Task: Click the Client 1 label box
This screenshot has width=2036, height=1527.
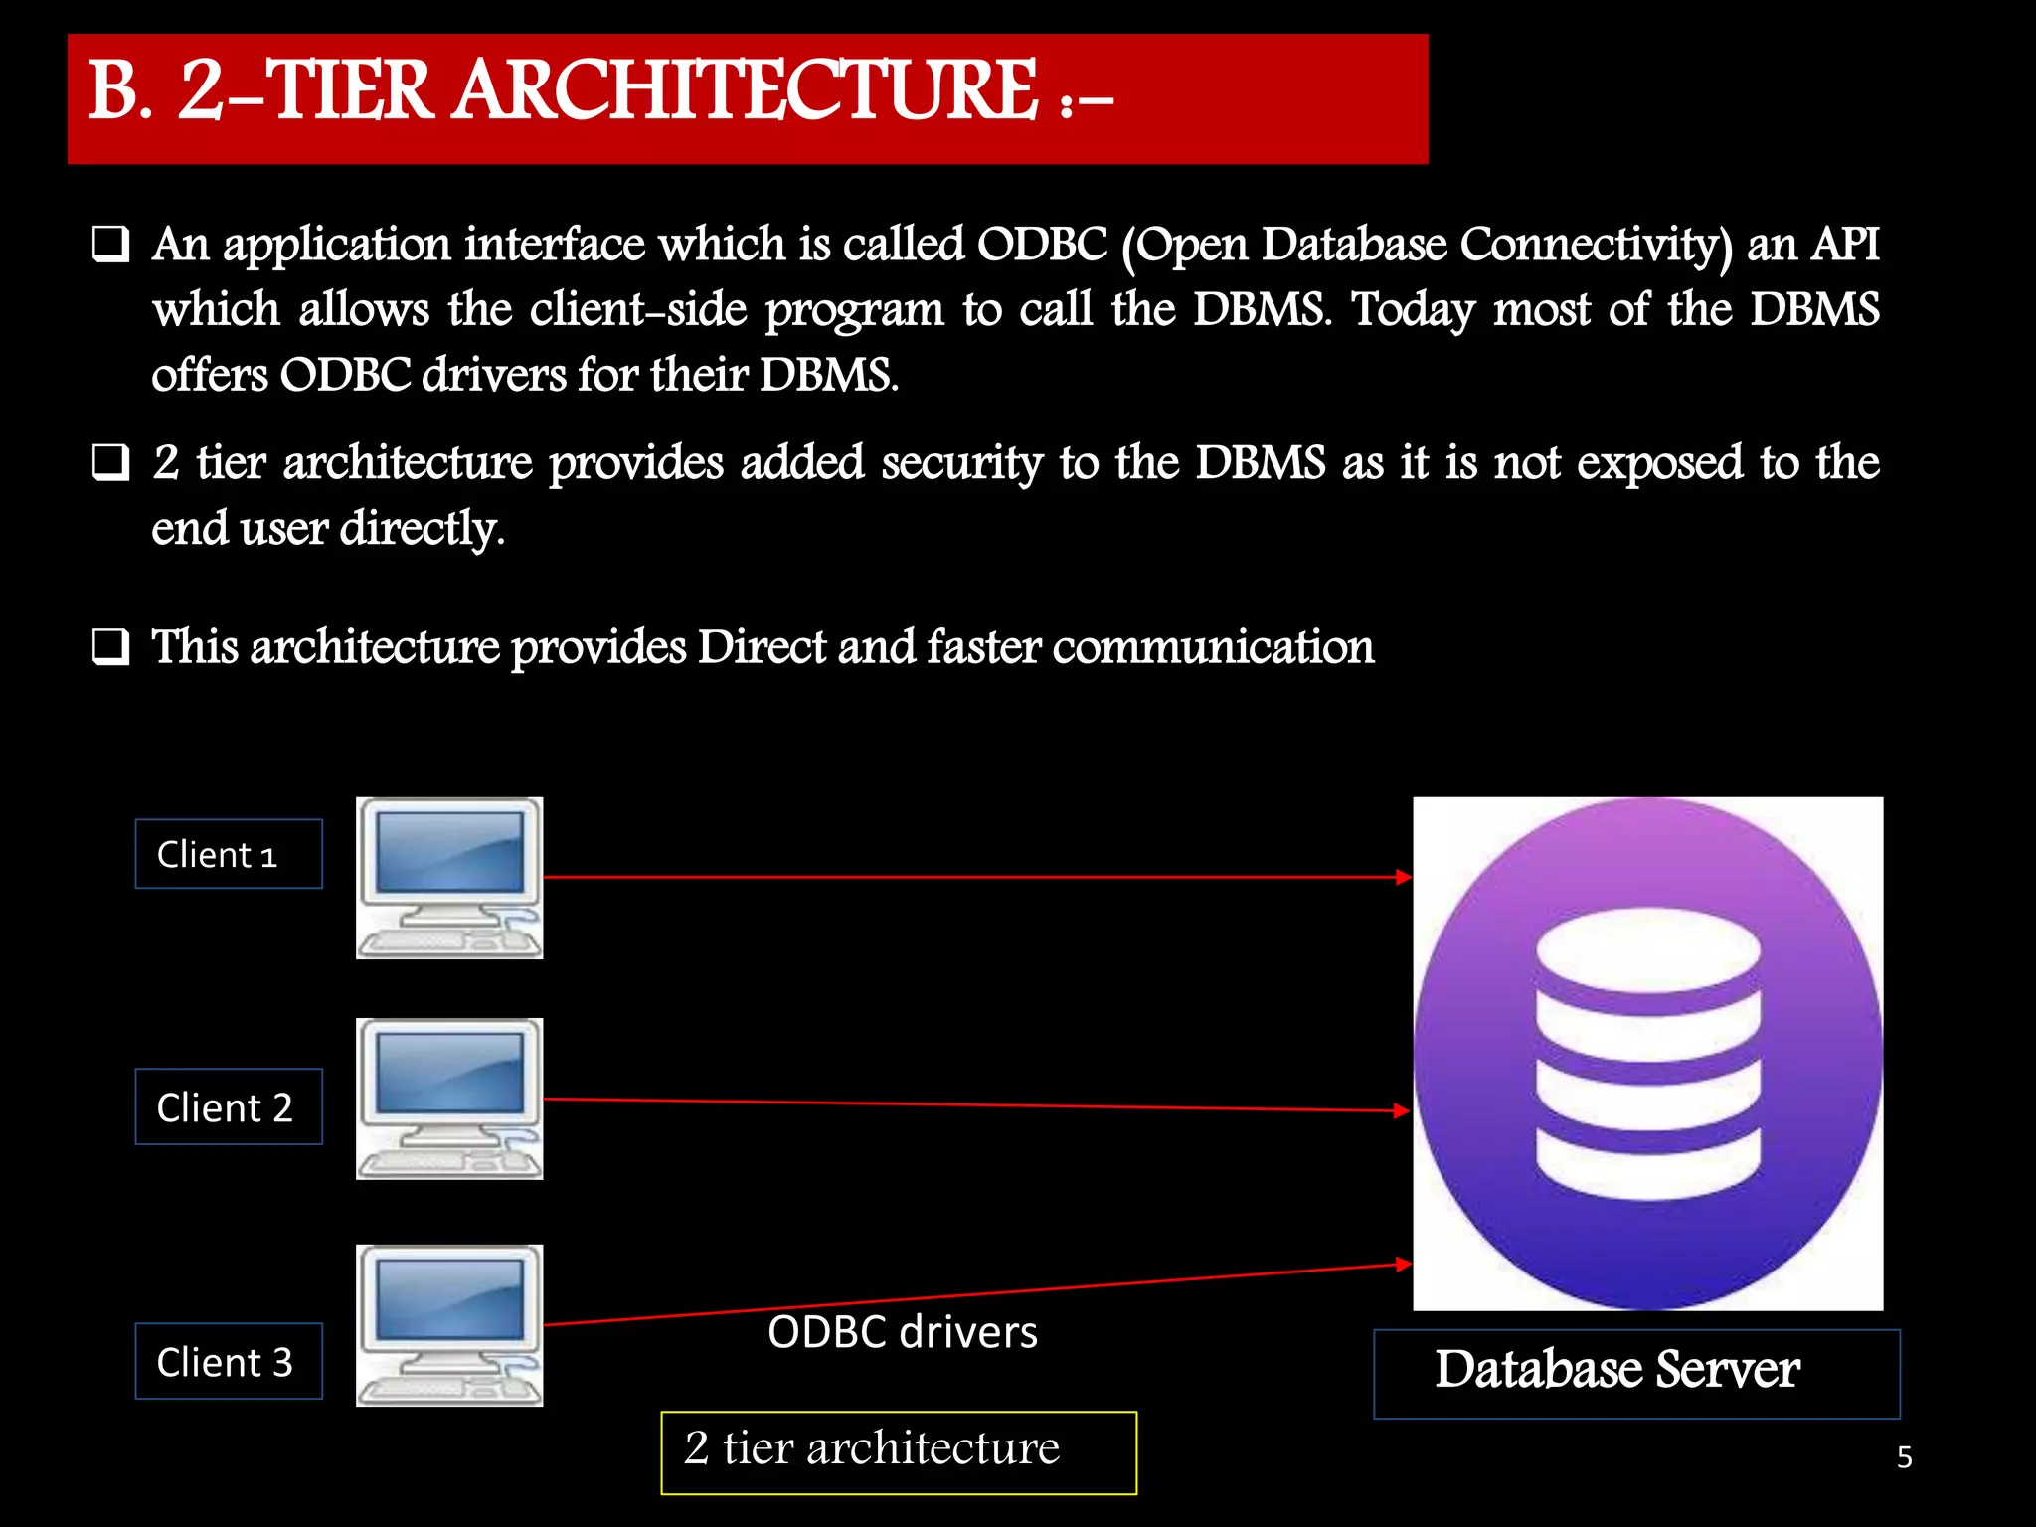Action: tap(229, 854)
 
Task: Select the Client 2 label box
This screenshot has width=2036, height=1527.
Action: tap(229, 1106)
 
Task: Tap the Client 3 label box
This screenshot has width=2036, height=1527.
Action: tap(229, 1361)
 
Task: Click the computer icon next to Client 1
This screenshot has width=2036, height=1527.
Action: tap(449, 878)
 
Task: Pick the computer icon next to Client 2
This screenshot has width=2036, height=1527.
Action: tap(449, 1099)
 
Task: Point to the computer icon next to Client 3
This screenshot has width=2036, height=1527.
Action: tap(449, 1325)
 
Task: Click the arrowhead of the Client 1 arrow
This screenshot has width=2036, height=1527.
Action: tap(1404, 877)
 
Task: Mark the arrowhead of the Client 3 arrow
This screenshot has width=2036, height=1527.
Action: tap(1404, 1265)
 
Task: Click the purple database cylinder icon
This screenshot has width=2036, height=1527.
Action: tap(1648, 1054)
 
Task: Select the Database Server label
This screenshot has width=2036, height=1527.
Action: tap(1636, 1373)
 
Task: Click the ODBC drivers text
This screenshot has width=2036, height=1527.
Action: tap(903, 1332)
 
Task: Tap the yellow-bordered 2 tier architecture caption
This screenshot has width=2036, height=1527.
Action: tap(899, 1452)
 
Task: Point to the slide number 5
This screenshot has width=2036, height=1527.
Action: tap(1905, 1457)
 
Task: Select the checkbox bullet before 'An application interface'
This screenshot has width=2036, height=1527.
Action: tap(111, 245)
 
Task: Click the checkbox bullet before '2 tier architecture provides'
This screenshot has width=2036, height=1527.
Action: tap(111, 463)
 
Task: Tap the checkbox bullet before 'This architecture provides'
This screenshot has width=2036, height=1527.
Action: tap(111, 647)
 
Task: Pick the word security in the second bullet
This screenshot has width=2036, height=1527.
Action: tap(961, 463)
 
